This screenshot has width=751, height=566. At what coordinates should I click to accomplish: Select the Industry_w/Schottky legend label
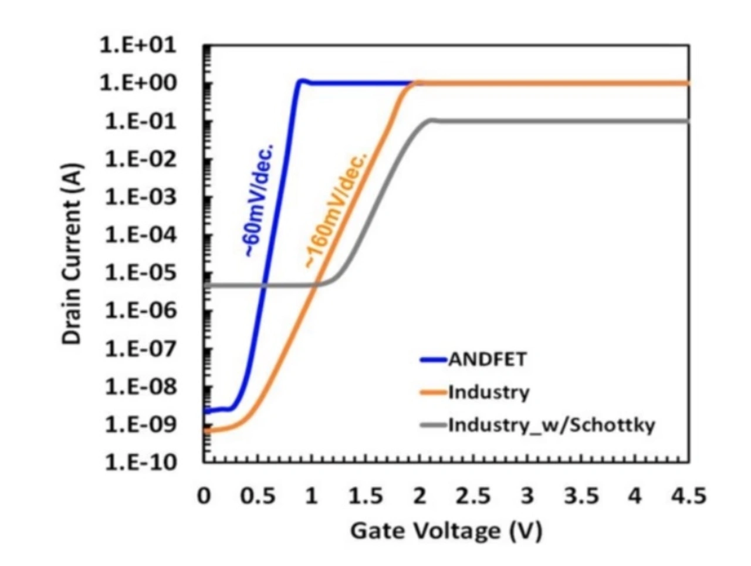click(x=551, y=424)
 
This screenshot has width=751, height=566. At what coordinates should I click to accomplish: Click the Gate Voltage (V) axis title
click(x=446, y=531)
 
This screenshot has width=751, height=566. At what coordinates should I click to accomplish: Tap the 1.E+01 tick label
click(x=138, y=45)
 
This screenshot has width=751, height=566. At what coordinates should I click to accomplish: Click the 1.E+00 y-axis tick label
click(x=138, y=83)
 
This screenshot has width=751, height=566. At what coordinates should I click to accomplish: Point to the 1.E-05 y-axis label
click(x=140, y=273)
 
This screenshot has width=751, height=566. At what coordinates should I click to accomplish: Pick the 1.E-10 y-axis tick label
click(x=140, y=463)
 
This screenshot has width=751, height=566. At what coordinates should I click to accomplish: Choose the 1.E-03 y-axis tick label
click(x=140, y=197)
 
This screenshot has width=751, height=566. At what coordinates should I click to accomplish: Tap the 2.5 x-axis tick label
click(x=473, y=496)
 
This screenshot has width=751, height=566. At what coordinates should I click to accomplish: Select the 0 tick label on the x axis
click(x=204, y=496)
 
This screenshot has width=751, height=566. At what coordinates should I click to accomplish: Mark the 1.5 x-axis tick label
click(x=366, y=496)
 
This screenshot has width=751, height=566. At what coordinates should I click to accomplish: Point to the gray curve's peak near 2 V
click(x=432, y=120)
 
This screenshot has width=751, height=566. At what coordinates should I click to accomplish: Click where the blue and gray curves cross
click(x=263, y=285)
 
